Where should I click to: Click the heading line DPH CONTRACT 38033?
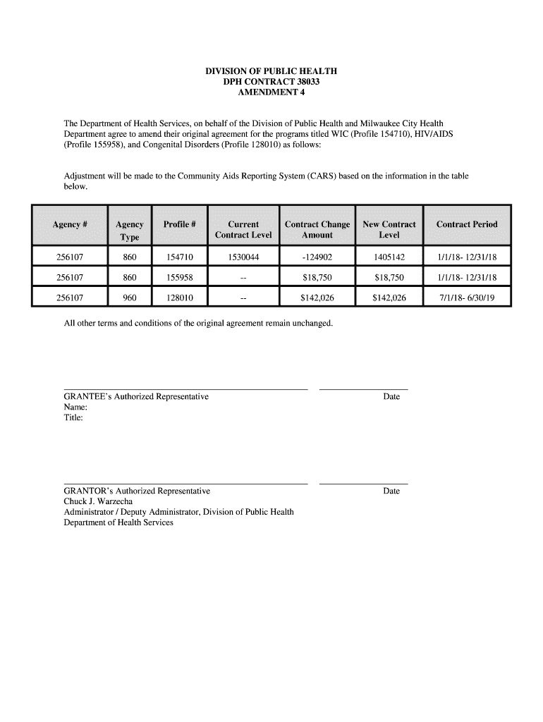[x=271, y=83]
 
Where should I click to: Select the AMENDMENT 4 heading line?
[x=271, y=94]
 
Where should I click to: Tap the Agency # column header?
[x=70, y=225]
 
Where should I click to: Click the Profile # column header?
[x=179, y=225]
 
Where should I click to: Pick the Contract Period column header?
[x=467, y=225]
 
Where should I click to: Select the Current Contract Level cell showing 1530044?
[x=243, y=257]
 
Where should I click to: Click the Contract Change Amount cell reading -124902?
[x=317, y=257]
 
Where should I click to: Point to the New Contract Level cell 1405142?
[x=389, y=257]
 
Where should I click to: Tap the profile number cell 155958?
[x=179, y=278]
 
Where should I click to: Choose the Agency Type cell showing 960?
[x=130, y=298]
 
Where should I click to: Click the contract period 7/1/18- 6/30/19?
[x=467, y=298]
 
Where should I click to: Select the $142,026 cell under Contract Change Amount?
[x=317, y=298]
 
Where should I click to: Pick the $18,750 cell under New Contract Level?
[x=389, y=278]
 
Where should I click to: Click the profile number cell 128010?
[x=179, y=298]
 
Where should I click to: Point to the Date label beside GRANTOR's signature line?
[x=391, y=491]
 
